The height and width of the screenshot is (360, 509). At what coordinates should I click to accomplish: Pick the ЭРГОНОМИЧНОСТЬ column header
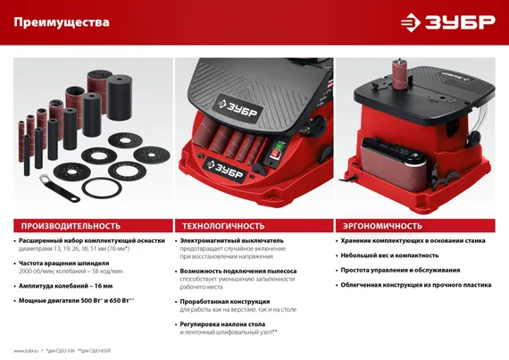tap(379, 225)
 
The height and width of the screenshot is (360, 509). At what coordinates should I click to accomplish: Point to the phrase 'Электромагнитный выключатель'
tap(231, 241)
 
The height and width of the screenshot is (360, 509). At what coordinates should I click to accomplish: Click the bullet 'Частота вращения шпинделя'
tap(64, 264)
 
